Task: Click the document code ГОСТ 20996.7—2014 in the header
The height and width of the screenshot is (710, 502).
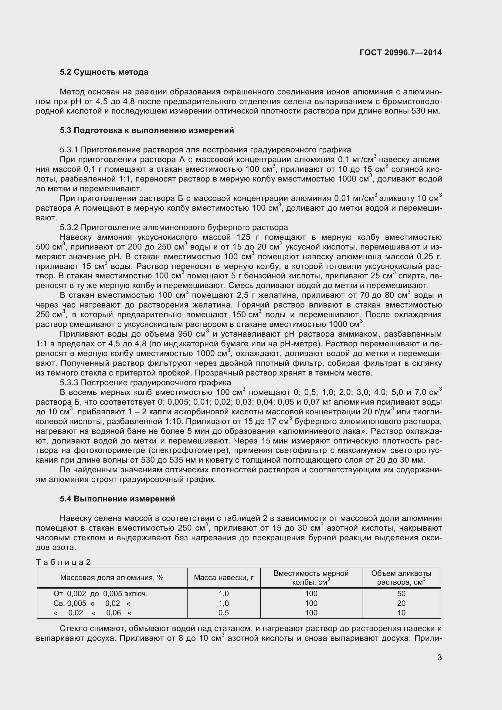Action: tap(401, 53)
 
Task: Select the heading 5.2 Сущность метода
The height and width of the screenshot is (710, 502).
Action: tap(104, 72)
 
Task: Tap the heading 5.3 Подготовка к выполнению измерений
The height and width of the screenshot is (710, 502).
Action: tap(147, 131)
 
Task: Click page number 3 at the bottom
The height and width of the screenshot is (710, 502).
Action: tap(439, 657)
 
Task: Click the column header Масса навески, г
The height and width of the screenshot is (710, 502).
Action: tap(223, 578)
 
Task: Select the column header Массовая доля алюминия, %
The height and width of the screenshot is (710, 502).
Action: tap(112, 578)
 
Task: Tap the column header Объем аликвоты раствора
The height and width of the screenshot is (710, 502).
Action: tap(401, 578)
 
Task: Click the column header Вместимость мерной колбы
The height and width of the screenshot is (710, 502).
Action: tap(311, 578)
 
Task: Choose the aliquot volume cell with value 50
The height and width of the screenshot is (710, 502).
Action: tap(401, 594)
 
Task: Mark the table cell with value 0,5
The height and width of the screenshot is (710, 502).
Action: tap(223, 613)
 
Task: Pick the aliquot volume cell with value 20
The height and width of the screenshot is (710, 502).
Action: tap(401, 603)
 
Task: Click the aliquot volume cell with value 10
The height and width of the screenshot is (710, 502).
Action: tap(401, 613)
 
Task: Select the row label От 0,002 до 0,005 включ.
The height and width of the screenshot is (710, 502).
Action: tap(100, 594)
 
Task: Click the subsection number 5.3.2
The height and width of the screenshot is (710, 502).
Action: tap(69, 228)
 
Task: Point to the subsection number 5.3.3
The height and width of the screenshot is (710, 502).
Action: tap(69, 383)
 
